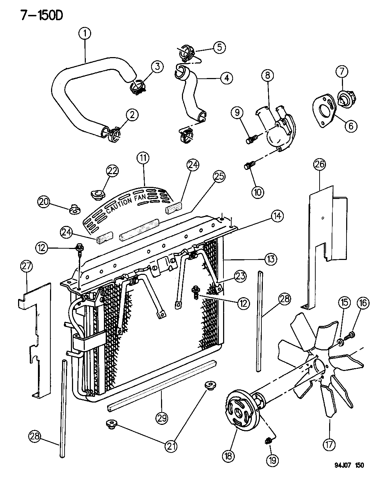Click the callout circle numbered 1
tap(84, 34)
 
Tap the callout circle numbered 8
tap(267, 75)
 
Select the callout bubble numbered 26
tap(319, 165)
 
